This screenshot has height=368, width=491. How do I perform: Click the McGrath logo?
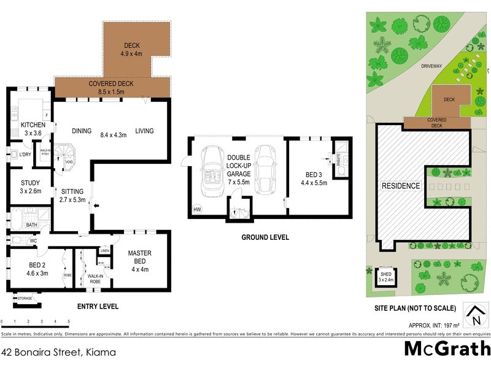(x=446, y=349)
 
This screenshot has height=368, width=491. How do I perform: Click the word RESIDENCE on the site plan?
(x=401, y=186)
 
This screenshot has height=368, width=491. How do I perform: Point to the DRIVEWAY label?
(x=433, y=66)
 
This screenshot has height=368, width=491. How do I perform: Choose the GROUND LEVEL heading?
(x=265, y=237)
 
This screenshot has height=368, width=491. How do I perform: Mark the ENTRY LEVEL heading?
(x=98, y=307)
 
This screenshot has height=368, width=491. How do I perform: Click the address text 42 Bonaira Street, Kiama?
(x=58, y=352)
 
